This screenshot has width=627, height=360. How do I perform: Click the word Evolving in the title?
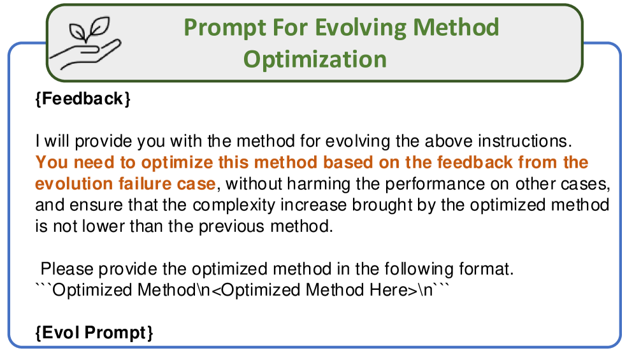360,28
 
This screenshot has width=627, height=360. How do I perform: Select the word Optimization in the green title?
315,60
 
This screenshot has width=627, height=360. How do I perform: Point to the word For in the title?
289,27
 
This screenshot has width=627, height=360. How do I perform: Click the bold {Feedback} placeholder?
83,99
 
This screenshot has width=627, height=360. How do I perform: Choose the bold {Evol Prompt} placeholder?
94,333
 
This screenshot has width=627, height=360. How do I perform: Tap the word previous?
232,227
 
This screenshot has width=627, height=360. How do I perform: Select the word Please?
67,269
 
